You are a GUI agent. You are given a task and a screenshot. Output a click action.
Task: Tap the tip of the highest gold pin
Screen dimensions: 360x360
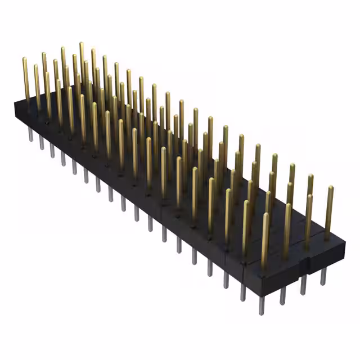point(82,44)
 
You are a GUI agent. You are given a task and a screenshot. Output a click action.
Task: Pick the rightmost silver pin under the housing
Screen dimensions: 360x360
point(323,277)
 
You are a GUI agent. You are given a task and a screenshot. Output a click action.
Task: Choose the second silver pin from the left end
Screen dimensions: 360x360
point(41,143)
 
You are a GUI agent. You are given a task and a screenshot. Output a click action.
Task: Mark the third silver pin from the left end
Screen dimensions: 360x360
point(52,150)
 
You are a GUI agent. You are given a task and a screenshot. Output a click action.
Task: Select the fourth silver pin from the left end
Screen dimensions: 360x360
point(62,157)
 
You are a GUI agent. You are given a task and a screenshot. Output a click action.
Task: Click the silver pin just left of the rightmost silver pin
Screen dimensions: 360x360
point(303,286)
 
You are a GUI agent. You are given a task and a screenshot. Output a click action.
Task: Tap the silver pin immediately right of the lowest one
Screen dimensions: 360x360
point(283,296)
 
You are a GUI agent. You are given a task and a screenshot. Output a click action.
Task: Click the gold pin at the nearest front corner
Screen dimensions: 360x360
point(265,239)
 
